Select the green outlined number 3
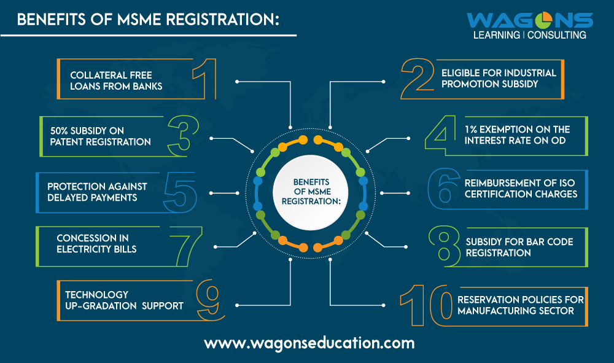pos(183,135)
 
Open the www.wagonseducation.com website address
pos(309,342)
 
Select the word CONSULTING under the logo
pos(556,35)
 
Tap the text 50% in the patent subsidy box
pos(62,130)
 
